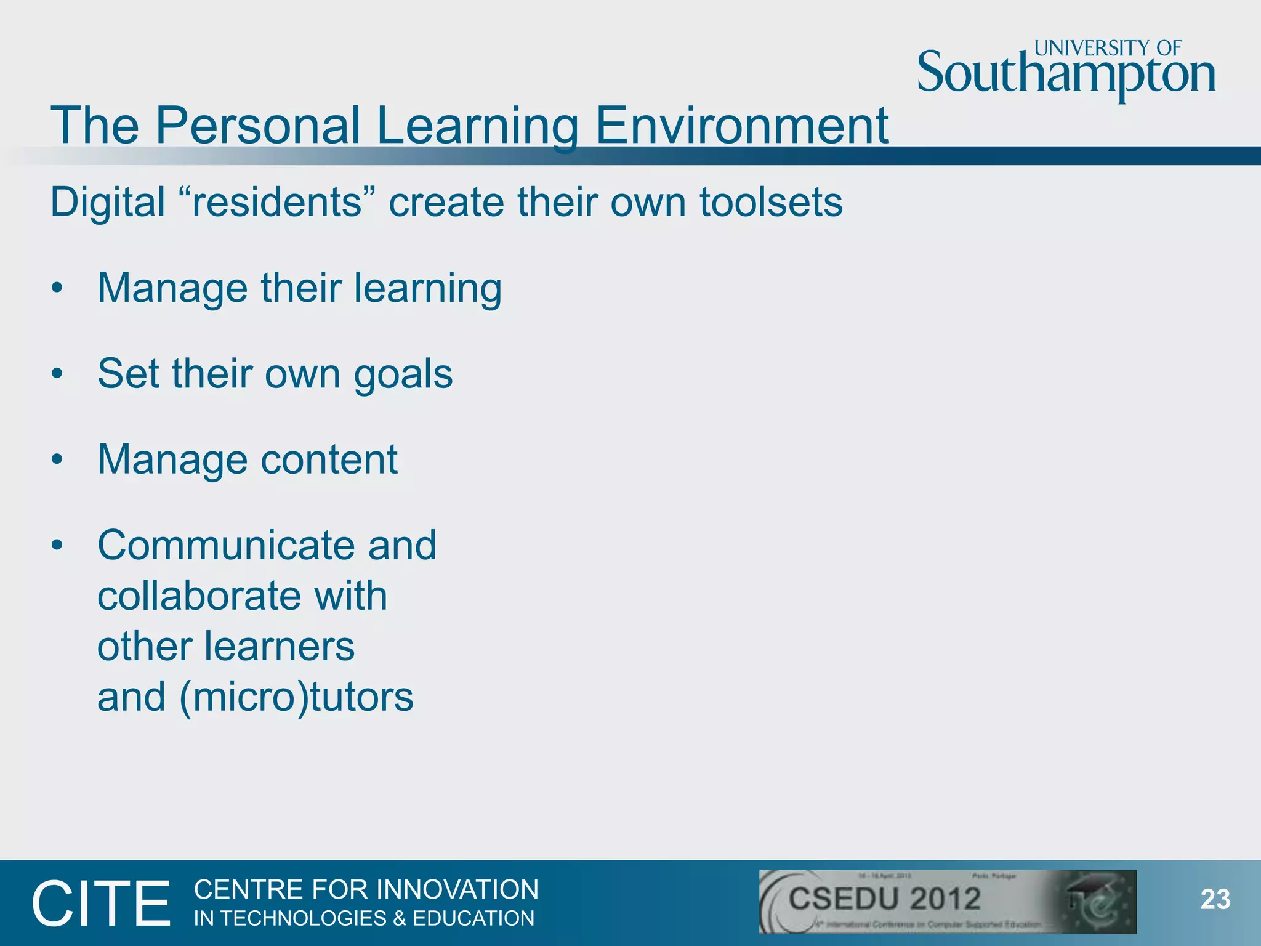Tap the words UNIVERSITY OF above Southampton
pos(1108,48)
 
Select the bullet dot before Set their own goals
pos(57,373)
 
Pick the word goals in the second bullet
pos(403,374)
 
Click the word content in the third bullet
pos(329,459)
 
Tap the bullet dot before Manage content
pos(57,459)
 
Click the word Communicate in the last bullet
pos(226,545)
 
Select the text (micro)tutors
pos(296,697)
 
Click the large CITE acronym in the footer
pos(101,904)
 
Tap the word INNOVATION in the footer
pos(457,890)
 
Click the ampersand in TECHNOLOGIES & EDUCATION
pos(400,918)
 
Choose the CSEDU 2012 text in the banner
pos(884,899)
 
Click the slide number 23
pos(1215,900)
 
